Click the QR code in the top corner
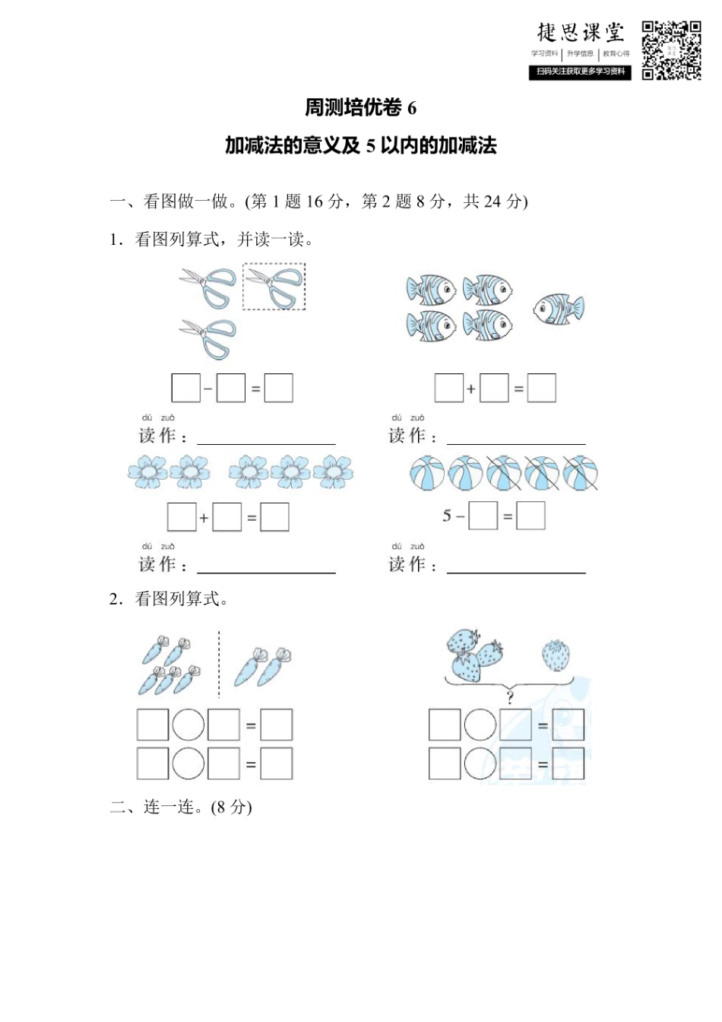(671, 50)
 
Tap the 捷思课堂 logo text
(581, 32)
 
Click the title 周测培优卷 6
(360, 108)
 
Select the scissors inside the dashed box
(274, 287)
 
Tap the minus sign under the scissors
(208, 389)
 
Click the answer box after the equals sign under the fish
(541, 389)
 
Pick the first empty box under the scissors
(185, 388)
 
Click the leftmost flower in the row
(147, 471)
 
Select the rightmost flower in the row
(333, 471)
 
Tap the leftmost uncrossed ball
(427, 473)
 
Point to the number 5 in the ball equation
(447, 516)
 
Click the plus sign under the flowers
(204, 519)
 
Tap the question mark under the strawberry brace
(509, 697)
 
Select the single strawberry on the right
(556, 655)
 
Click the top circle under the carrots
(188, 725)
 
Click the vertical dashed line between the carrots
(219, 663)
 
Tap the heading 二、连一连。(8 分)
(181, 807)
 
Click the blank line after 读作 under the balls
(516, 567)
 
